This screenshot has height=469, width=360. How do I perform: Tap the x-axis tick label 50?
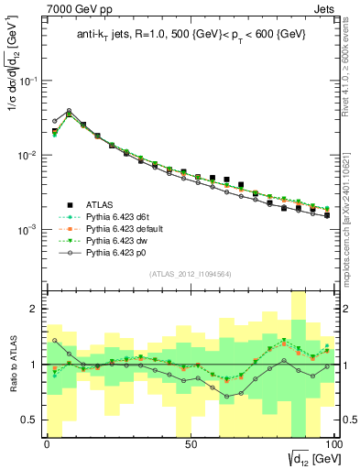coord(190,443)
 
